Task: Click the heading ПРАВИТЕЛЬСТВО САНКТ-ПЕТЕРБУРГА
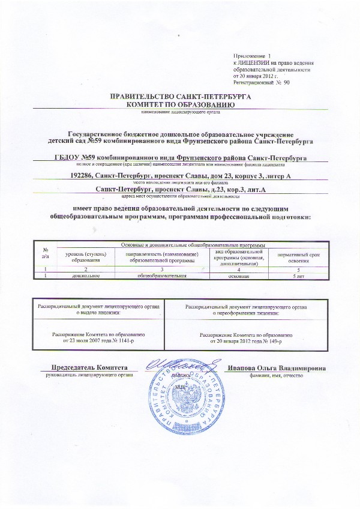pyautogui.click(x=181, y=96)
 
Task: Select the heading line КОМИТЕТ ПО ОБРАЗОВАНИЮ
pyautogui.click(x=181, y=104)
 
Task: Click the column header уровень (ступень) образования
pyautogui.click(x=85, y=258)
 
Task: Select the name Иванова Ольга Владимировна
pyautogui.click(x=277, y=367)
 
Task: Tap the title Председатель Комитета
pyautogui.click(x=90, y=367)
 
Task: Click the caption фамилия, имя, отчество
pyautogui.click(x=277, y=375)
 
